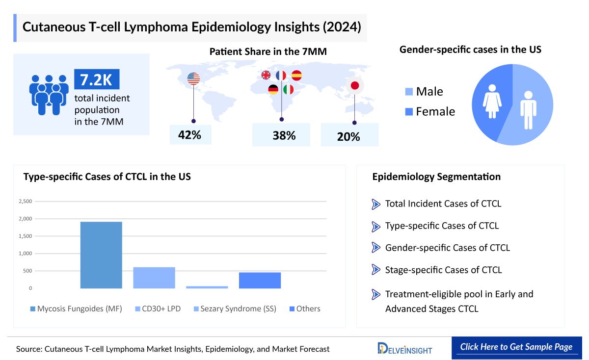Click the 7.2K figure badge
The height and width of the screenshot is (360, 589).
pos(97,79)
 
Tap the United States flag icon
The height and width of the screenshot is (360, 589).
pos(194,78)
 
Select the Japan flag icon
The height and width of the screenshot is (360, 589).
pos(354,86)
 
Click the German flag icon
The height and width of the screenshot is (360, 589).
pos(273,90)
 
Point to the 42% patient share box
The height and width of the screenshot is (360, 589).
pos(190,135)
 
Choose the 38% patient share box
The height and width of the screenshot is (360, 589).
pos(281,135)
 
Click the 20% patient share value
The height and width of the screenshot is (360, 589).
pos(349,137)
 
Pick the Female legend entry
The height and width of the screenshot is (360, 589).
pos(430,112)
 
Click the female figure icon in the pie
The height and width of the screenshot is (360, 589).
pos(492,100)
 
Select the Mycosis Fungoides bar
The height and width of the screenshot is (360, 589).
pos(101,255)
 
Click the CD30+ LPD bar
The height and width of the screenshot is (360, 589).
pos(154,278)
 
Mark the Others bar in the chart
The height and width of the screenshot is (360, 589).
pos(260,280)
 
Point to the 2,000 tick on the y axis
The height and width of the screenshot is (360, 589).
pos(25,219)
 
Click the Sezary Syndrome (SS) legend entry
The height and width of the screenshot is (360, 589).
pos(235,309)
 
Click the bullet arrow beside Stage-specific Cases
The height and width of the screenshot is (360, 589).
pos(376,270)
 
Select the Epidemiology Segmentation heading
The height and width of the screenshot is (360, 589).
pos(436,177)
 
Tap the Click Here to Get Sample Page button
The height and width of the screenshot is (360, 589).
pos(516,347)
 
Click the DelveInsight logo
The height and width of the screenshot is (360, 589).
pos(405,348)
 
